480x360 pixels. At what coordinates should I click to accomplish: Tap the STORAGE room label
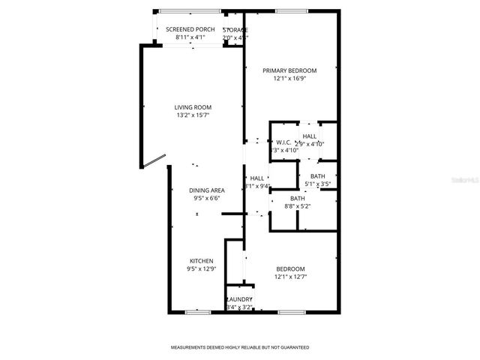(x=235, y=29)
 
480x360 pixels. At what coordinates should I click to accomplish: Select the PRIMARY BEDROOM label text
(x=289, y=70)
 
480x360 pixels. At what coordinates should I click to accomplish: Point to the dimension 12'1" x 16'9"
(x=289, y=78)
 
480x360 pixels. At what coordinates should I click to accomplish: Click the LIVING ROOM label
(x=193, y=108)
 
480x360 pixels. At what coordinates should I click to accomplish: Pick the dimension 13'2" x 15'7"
(x=193, y=115)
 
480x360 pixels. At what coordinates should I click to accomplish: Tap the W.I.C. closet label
(x=283, y=142)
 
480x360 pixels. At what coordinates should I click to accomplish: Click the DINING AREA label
(x=207, y=190)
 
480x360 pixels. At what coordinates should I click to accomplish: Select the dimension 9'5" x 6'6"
(x=207, y=199)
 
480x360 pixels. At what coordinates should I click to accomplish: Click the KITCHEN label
(x=200, y=261)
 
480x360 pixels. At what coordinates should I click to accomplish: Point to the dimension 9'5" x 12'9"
(x=200, y=268)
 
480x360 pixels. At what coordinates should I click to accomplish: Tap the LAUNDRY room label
(x=239, y=299)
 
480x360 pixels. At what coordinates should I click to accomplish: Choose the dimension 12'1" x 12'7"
(x=290, y=277)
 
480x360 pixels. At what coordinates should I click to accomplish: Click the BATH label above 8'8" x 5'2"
(x=298, y=198)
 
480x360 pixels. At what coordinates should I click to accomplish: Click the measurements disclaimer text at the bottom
(x=240, y=348)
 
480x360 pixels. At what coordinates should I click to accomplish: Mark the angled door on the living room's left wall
(x=154, y=161)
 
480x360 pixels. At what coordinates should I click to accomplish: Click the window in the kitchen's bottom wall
(x=197, y=310)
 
